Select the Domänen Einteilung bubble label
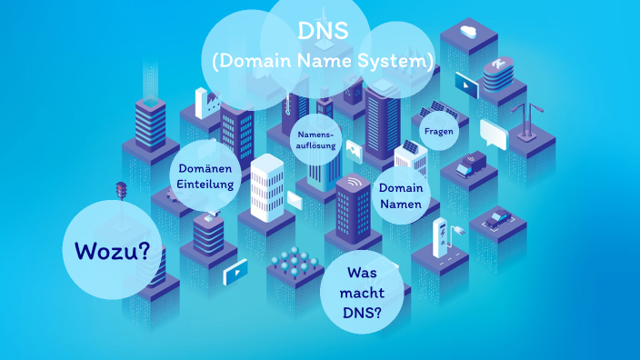point(205,176)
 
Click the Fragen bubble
point(438,131)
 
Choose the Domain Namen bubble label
point(400,195)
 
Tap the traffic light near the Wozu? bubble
point(120,191)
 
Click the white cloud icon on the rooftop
point(469,33)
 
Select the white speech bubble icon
point(493,134)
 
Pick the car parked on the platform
point(498,218)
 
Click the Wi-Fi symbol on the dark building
point(350,182)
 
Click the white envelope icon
point(295,200)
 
